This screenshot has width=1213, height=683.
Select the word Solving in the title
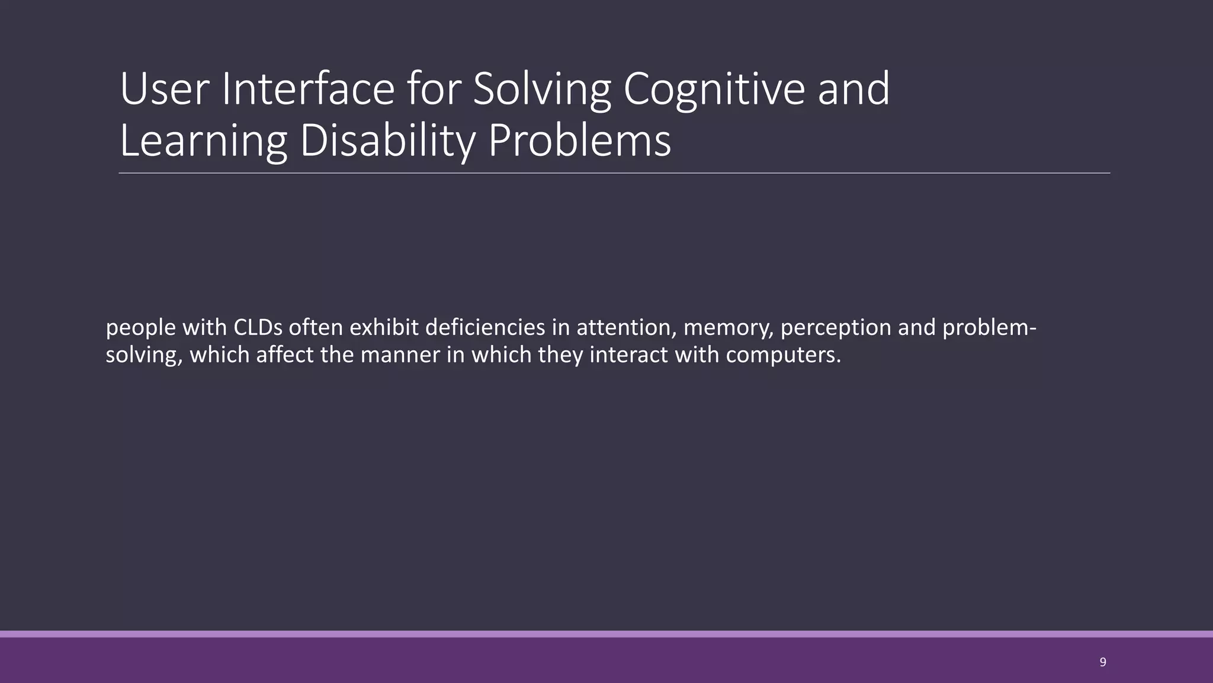pos(541,89)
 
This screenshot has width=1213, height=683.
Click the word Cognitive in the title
pos(714,89)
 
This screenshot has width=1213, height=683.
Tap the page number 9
pos(1102,662)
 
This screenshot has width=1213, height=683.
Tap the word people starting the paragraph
pos(140,327)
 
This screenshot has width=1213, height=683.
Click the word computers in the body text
pos(783,355)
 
